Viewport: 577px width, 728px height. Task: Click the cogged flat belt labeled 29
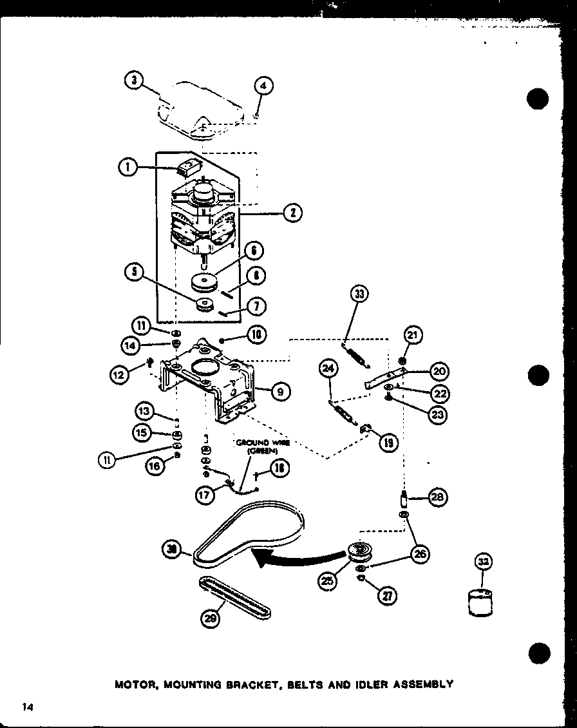235,597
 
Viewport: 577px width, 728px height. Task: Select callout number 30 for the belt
172,549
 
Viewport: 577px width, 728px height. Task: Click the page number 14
26,707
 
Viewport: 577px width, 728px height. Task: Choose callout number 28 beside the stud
438,497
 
